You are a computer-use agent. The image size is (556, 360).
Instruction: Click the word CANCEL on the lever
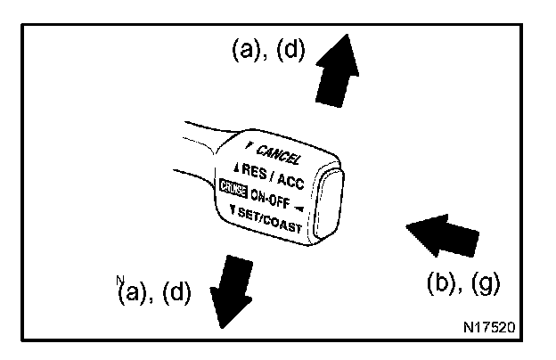[278, 153]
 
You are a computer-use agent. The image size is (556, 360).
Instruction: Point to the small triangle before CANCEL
[251, 143]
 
